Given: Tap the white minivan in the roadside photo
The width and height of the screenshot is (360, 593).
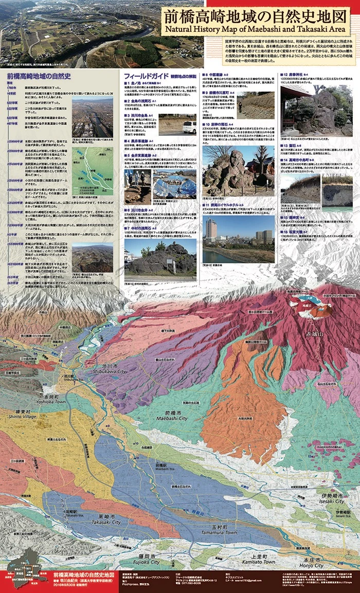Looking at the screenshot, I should (189, 127).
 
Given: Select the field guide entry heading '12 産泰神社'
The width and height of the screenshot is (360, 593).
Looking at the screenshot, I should (295, 75).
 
